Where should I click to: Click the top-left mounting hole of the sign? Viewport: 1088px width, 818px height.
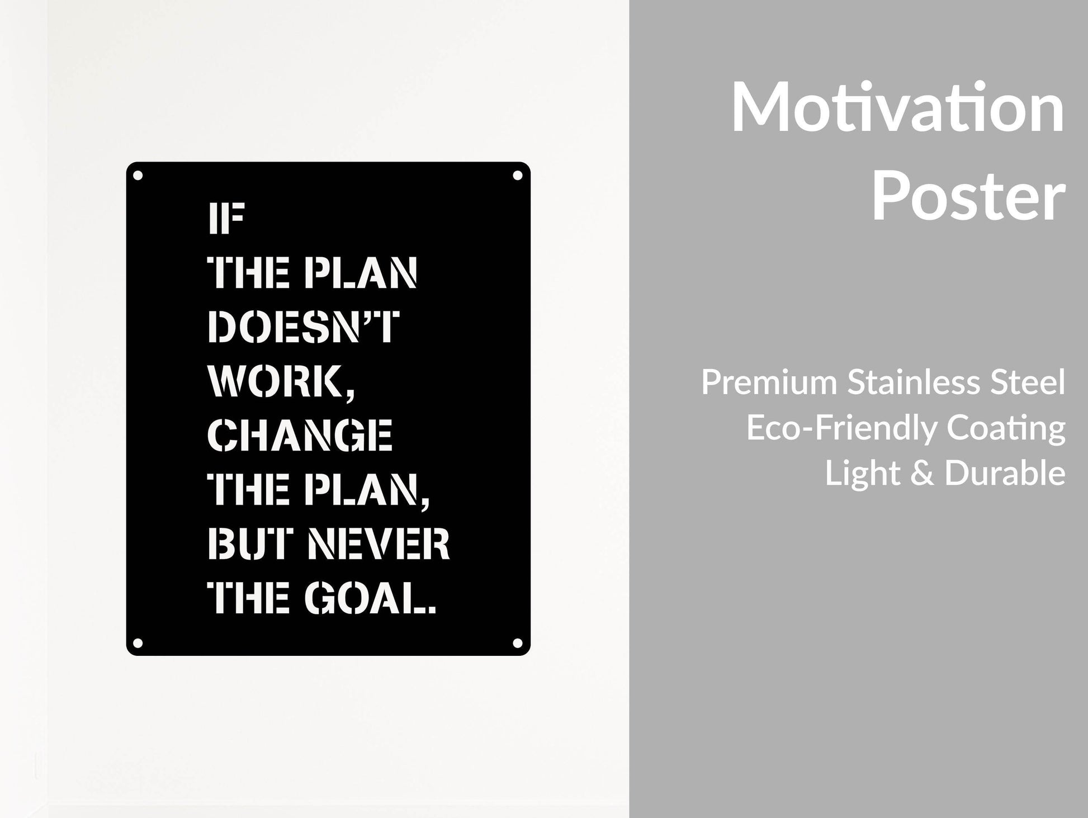138,176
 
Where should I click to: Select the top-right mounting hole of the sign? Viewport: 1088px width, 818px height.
518,176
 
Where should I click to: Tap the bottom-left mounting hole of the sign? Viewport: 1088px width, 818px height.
138,643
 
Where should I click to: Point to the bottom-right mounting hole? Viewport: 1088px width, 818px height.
518,643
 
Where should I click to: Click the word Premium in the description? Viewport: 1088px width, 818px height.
770,383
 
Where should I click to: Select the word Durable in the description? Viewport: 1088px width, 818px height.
1005,474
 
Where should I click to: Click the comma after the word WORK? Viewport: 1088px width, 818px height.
350,394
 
